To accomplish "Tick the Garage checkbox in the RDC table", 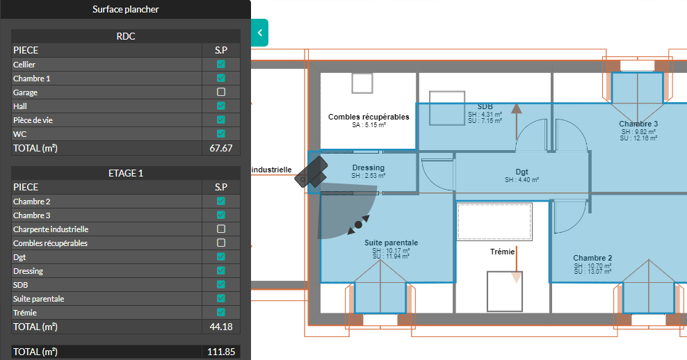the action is point(221,92).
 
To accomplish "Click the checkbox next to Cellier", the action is point(221,64).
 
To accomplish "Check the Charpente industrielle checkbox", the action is point(221,229).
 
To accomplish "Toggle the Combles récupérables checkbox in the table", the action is point(221,243).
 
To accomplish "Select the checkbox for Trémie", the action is point(221,312).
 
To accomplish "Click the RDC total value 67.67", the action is point(221,148).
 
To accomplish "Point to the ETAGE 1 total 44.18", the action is point(221,327).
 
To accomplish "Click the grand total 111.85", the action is point(221,352).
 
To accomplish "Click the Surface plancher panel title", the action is point(126,9).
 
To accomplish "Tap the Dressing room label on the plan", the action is point(369,167).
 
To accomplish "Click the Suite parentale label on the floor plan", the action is point(391,243).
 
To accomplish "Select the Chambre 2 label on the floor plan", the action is point(592,258).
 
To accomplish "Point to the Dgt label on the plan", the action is point(522,172).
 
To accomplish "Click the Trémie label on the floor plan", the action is point(502,252).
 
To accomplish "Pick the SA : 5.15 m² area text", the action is point(369,125).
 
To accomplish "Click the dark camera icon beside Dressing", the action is point(312,172).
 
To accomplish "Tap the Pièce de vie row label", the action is point(33,120).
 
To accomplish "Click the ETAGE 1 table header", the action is point(126,173).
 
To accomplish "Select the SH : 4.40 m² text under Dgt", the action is point(522,180).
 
